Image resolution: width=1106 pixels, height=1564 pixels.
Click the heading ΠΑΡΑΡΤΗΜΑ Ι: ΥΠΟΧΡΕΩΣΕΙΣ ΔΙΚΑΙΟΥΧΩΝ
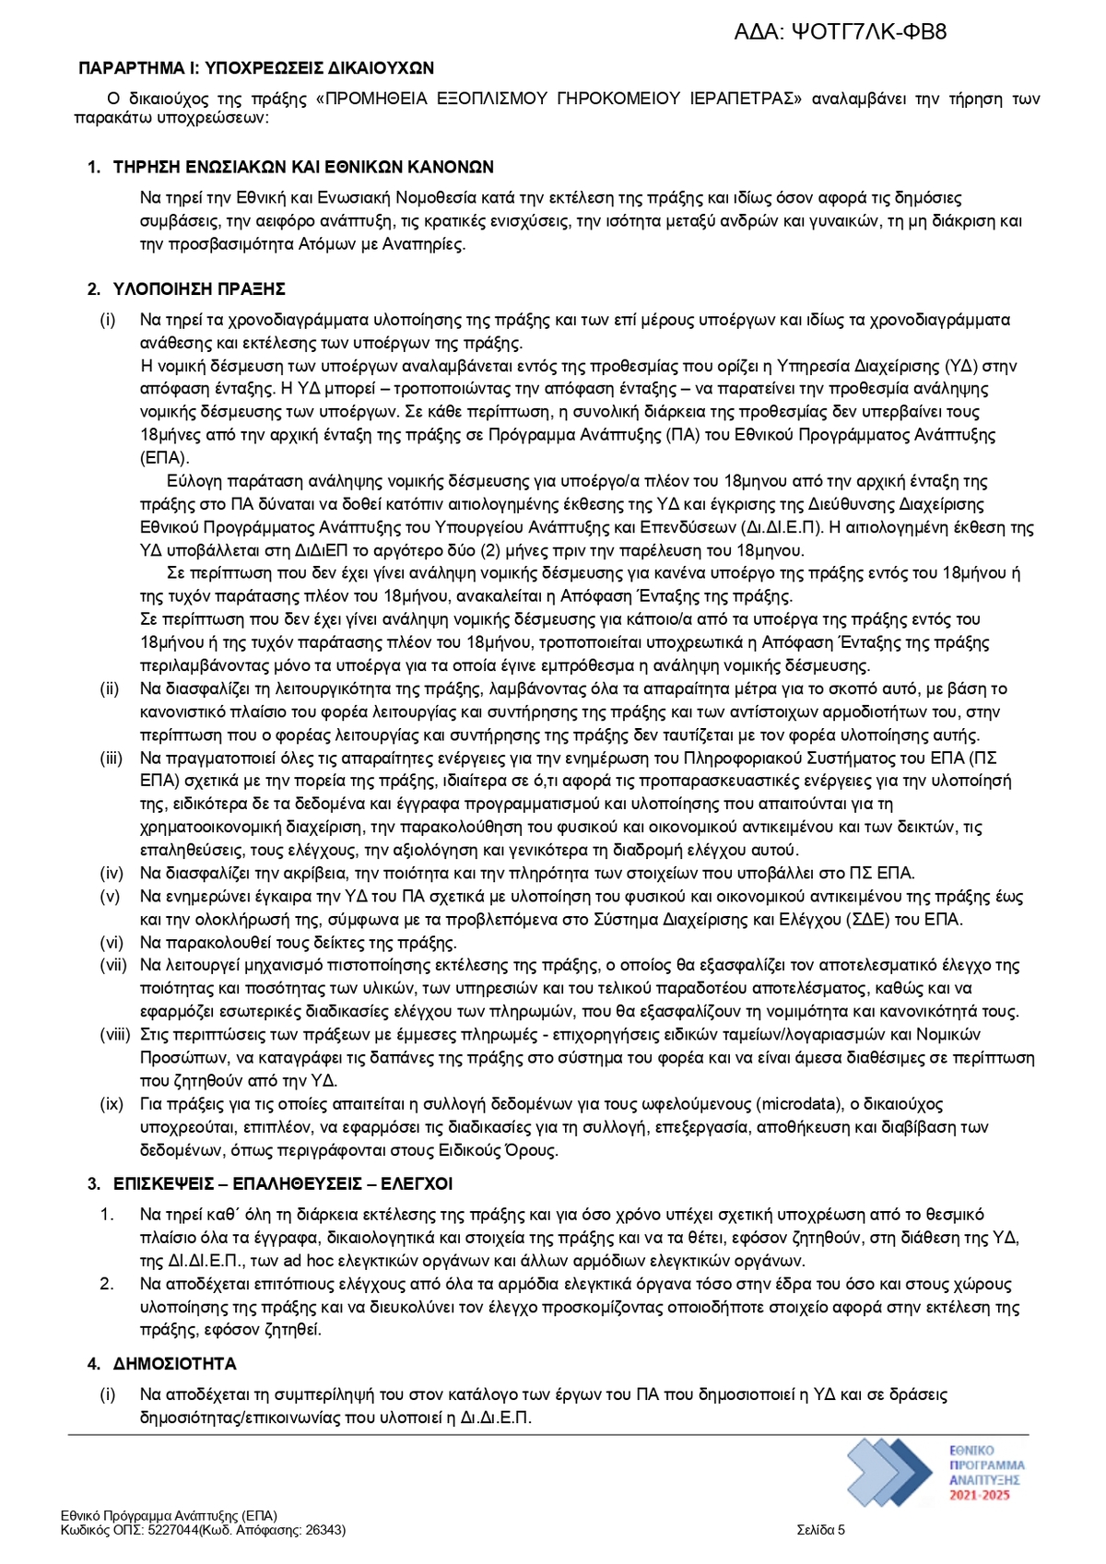coord(256,68)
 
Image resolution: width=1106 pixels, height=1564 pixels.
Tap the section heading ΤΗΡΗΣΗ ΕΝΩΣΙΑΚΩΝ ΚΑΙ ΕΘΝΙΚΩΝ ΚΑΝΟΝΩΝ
coord(303,167)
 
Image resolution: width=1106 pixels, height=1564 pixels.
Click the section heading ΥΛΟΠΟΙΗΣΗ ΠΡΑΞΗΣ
coord(199,289)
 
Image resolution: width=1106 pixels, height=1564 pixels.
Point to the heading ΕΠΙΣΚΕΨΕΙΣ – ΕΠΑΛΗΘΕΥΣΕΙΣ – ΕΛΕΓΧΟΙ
coord(283,1183)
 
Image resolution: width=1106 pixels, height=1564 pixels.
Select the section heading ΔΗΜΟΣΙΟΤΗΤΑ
coord(175,1363)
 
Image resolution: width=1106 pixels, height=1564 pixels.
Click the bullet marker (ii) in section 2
coord(110,688)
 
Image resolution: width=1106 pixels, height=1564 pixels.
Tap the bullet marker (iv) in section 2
coord(112,873)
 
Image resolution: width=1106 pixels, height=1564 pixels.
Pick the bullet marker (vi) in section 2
coord(112,943)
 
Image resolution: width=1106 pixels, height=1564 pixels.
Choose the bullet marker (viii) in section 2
coord(115,1034)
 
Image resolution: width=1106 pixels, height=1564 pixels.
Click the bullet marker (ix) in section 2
coord(112,1103)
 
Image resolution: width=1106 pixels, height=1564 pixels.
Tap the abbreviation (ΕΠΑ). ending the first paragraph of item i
coord(165,458)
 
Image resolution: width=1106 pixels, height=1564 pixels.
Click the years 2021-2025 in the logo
coord(980,1495)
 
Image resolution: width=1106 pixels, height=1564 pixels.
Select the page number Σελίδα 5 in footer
coord(820,1531)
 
